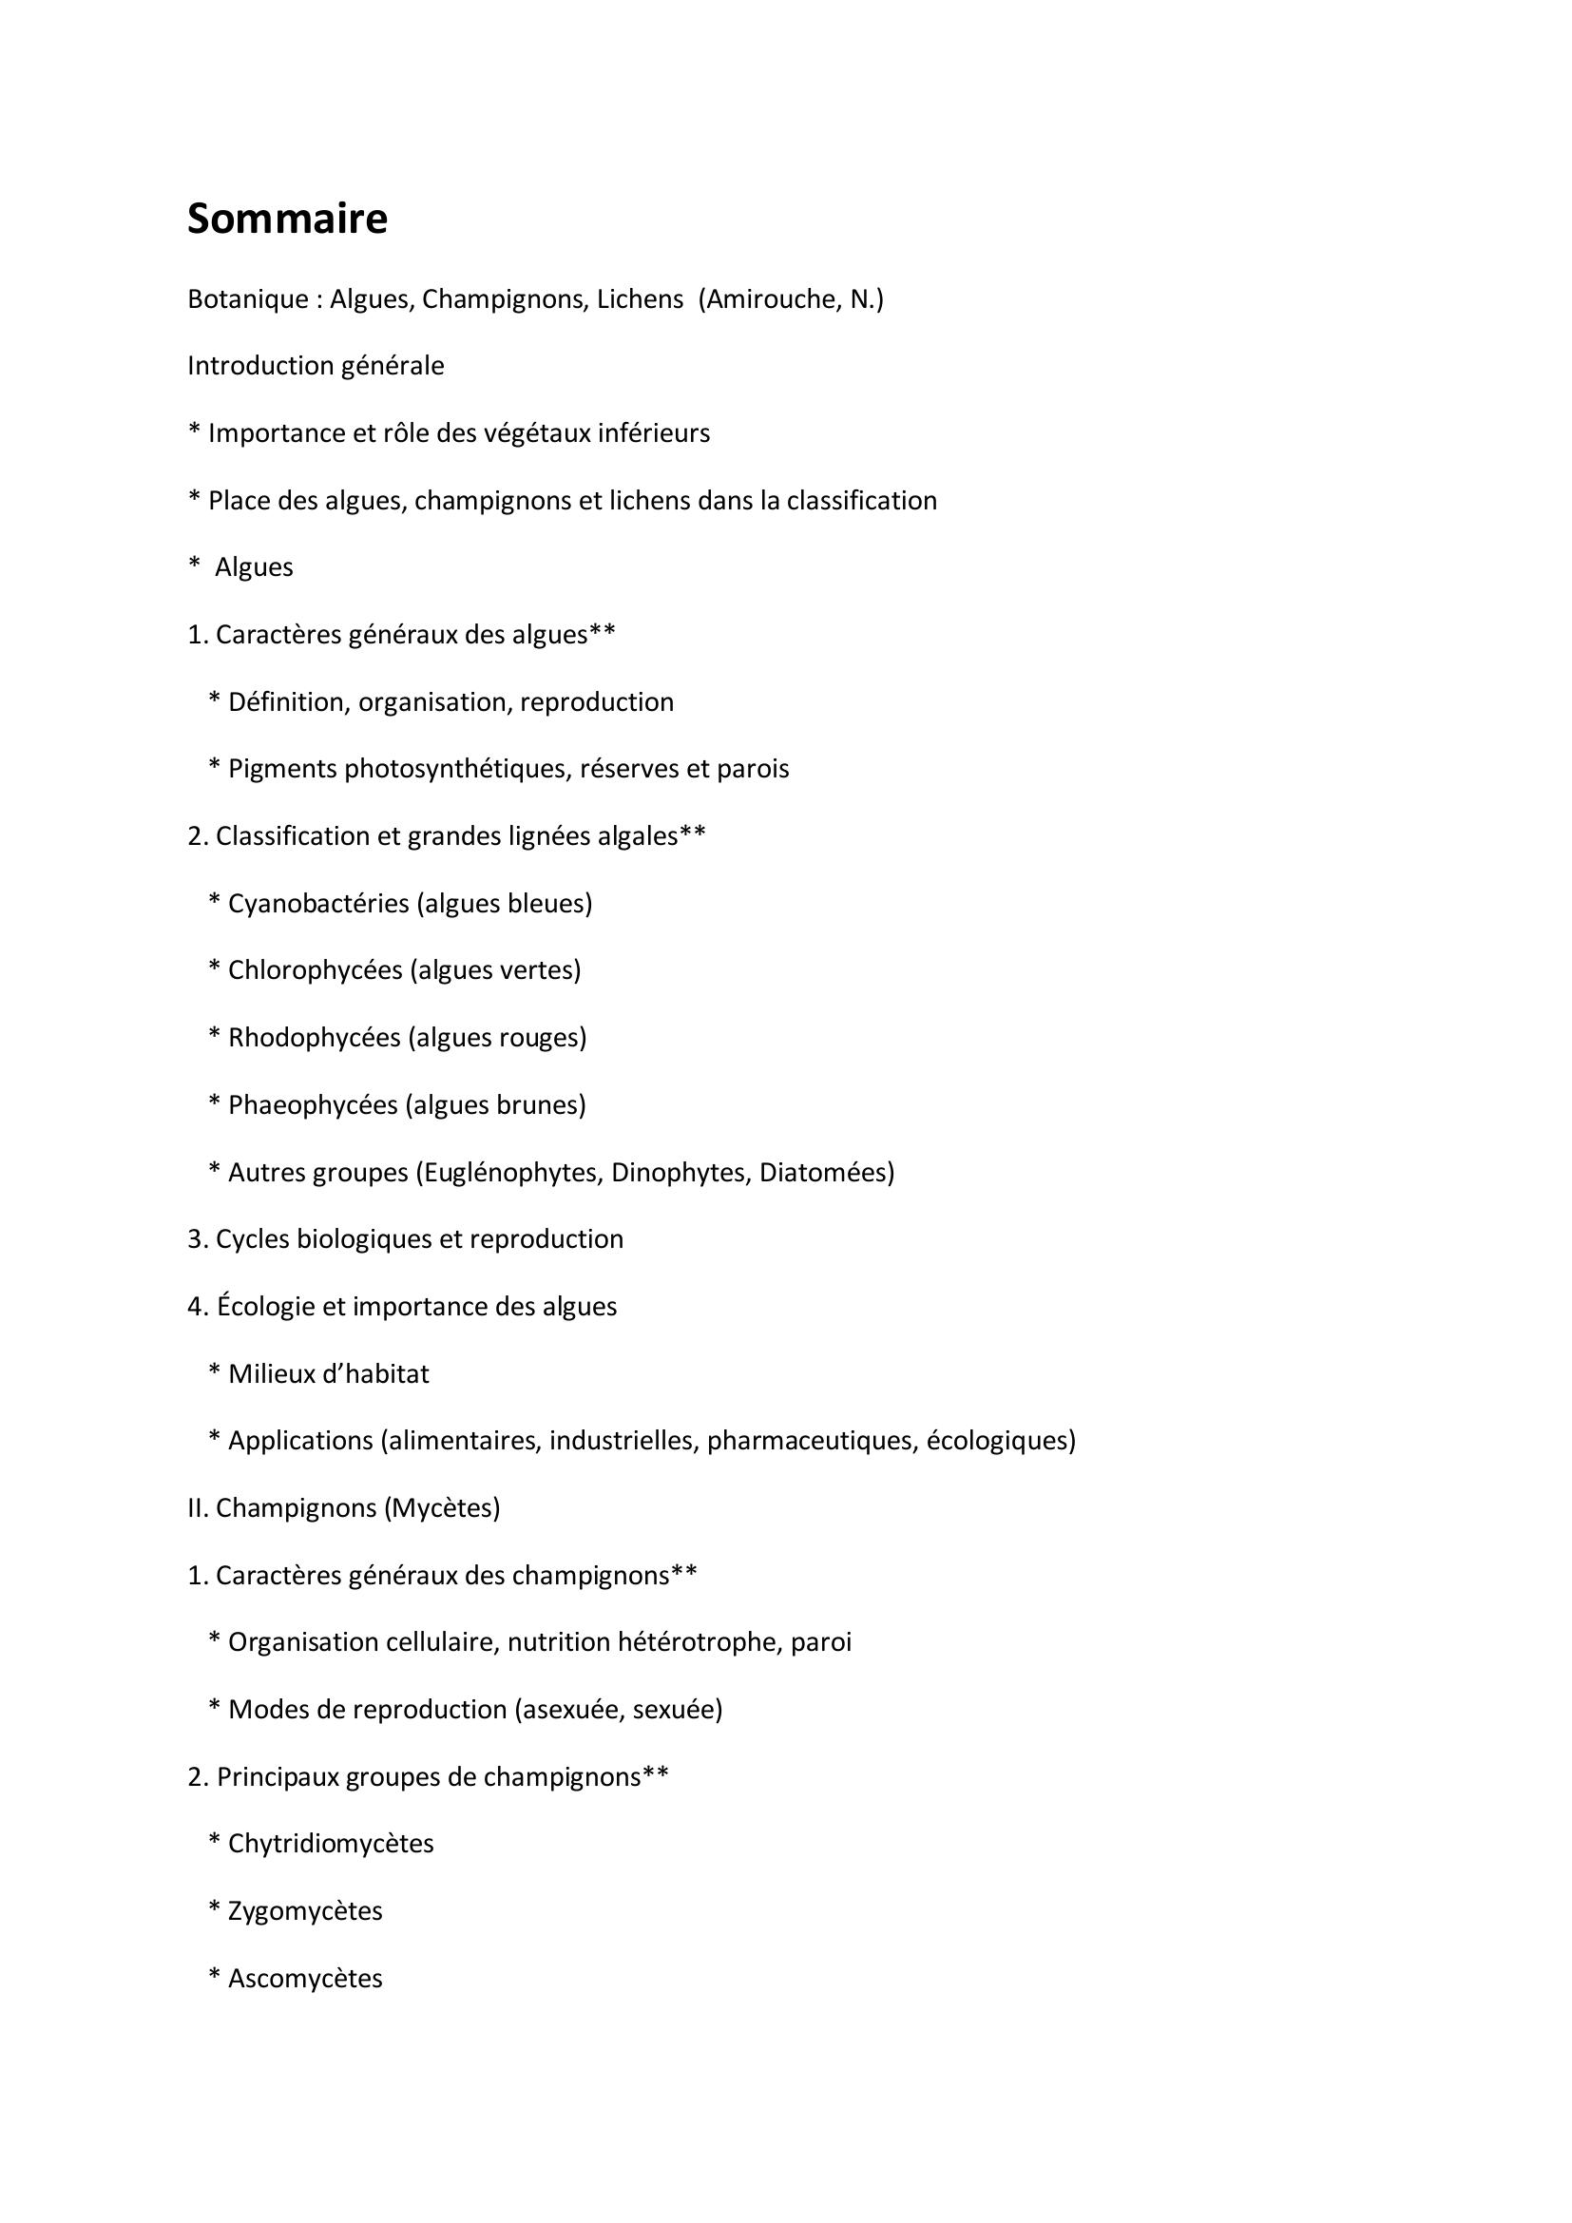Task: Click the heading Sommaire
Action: tap(287, 219)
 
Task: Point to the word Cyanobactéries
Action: tap(318, 903)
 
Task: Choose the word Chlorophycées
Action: tap(315, 970)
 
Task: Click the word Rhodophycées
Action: tap(314, 1038)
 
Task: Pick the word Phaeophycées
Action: tap(313, 1104)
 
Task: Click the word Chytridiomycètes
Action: tap(331, 1844)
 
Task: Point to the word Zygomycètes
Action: tap(305, 1911)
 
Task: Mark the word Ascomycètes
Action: tap(305, 1978)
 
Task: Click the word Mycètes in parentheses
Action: tap(442, 1508)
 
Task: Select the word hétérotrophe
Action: tap(698, 1642)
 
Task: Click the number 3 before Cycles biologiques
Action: tap(194, 1239)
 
